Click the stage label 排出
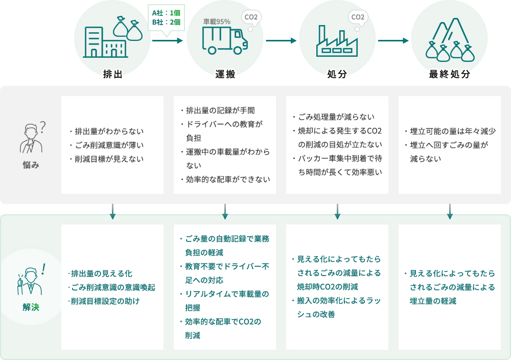point(113,74)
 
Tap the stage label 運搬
point(225,74)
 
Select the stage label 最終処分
point(449,74)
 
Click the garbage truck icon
point(225,40)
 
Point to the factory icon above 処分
point(337,41)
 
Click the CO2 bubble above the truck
point(251,17)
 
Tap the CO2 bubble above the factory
point(358,17)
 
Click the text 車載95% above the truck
point(217,21)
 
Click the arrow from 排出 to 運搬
point(168,41)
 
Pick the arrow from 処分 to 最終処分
point(393,41)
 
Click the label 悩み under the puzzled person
point(31,165)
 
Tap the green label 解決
point(31,307)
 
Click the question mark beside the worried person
point(43,127)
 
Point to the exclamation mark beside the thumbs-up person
point(43,269)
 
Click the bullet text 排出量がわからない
point(109,131)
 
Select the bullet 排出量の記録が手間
point(220,110)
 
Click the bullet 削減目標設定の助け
point(105,301)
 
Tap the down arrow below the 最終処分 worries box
point(450,211)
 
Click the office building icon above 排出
point(105,42)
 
